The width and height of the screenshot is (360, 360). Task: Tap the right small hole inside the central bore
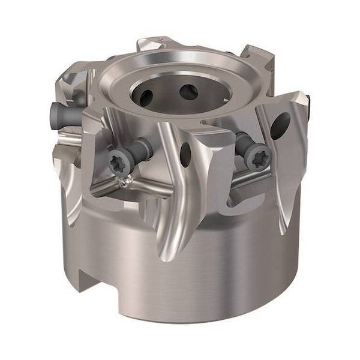click(188, 92)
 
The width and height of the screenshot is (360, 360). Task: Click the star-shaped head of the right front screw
click(258, 157)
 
